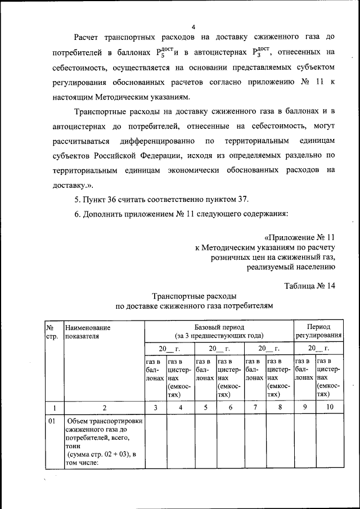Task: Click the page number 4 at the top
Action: [x=193, y=26]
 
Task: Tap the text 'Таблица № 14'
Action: [x=309, y=285]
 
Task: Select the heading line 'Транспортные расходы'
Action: [x=193, y=296]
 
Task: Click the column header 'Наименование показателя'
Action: [x=87, y=332]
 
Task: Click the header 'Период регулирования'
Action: [x=318, y=331]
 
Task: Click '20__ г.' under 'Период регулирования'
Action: [x=318, y=349]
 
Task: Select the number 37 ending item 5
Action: [x=242, y=199]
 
